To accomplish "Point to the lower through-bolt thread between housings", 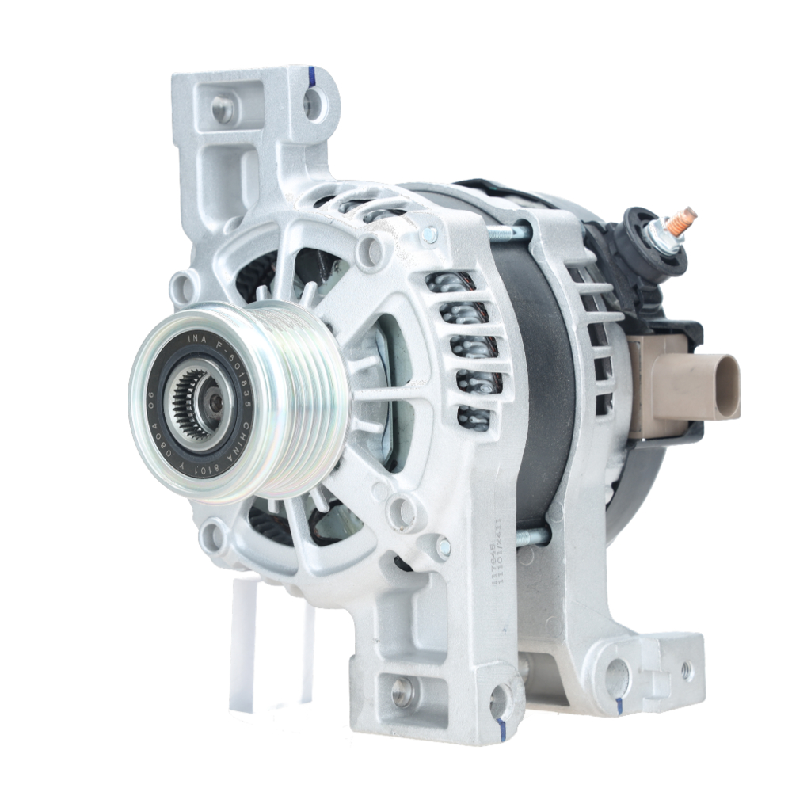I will pyautogui.click(x=533, y=538).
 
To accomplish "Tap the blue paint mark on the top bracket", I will pyautogui.click(x=312, y=76).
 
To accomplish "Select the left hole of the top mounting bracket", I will pyautogui.click(x=223, y=109).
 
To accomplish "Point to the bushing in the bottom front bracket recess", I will pyautogui.click(x=402, y=691).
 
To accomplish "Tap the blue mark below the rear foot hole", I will pyautogui.click(x=619, y=706).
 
